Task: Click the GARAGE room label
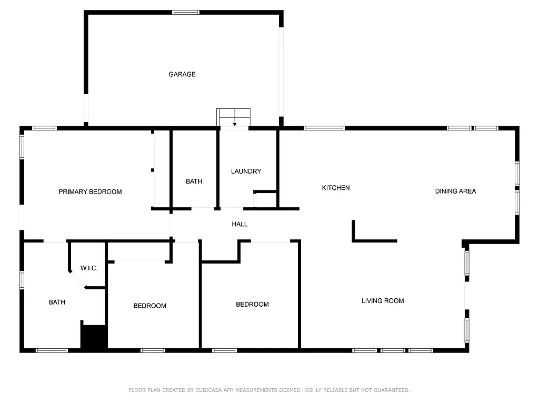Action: [x=182, y=74]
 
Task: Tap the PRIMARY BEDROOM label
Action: [x=90, y=191]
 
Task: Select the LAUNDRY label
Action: [x=246, y=171]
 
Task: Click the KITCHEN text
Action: [x=336, y=188]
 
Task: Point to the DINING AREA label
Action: [x=455, y=191]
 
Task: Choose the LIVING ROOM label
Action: [x=383, y=301]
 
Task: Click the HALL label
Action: [x=239, y=224]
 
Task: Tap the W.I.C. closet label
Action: [x=89, y=268]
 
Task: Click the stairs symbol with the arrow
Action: [x=234, y=117]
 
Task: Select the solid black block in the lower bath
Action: [x=94, y=337]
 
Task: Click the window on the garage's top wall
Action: [x=186, y=12]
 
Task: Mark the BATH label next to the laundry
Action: [x=194, y=181]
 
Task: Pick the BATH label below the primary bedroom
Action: [x=57, y=302]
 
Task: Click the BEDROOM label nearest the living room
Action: [x=252, y=304]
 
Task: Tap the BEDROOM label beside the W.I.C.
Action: [x=149, y=306]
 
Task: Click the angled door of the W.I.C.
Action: [x=77, y=279]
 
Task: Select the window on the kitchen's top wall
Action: [x=324, y=128]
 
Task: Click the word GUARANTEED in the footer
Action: [x=390, y=390]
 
